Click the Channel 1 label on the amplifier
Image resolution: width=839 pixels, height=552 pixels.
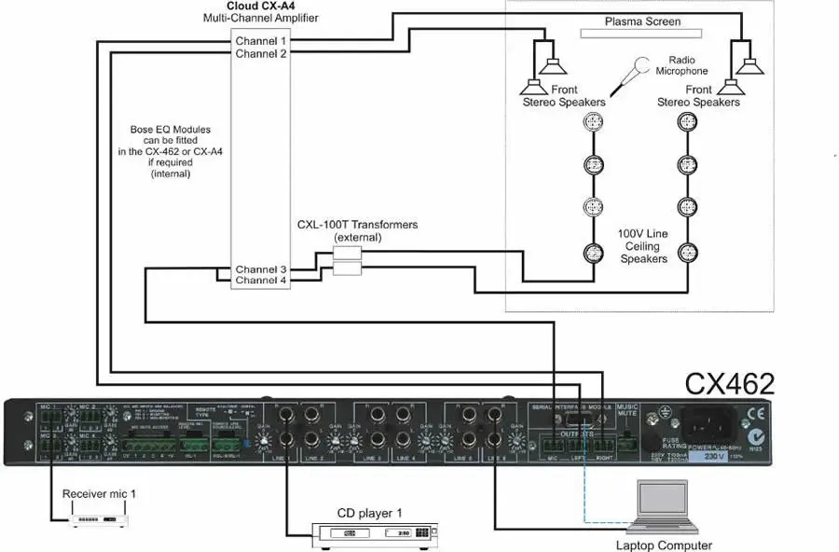(x=261, y=41)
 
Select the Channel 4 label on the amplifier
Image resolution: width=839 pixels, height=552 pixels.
(x=261, y=280)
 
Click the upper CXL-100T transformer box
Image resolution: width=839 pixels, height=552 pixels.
(x=347, y=254)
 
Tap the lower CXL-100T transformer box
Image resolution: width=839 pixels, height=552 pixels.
(x=347, y=269)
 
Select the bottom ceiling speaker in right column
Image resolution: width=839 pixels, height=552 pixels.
(x=687, y=252)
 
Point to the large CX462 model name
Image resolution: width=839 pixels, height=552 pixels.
(x=730, y=384)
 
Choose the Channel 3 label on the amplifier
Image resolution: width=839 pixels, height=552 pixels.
(x=261, y=269)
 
